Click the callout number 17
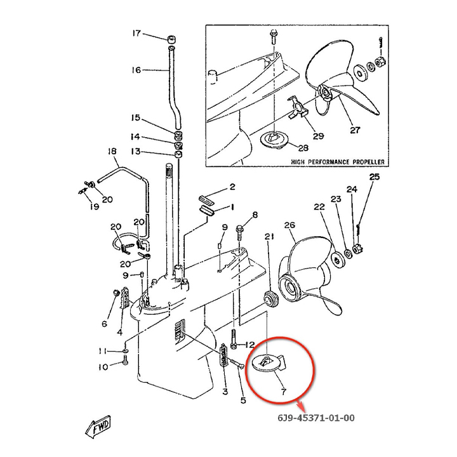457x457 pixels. click(136, 33)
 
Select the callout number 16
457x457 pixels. click(136, 70)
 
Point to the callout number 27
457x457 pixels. click(354, 131)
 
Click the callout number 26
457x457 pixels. click(290, 225)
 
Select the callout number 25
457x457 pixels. click(374, 177)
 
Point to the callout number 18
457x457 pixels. click(113, 151)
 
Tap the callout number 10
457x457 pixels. click(103, 366)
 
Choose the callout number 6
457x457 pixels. click(104, 324)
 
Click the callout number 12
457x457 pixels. click(249, 345)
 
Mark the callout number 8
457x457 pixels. click(255, 215)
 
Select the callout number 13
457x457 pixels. click(136, 152)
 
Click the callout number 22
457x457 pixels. click(319, 206)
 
